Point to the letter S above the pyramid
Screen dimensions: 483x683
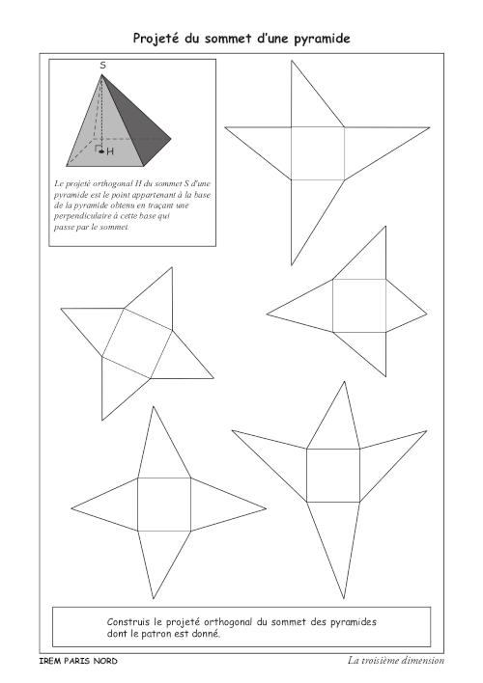point(103,66)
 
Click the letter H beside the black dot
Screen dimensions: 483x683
point(110,151)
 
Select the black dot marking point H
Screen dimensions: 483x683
point(101,151)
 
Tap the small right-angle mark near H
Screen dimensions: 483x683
point(98,148)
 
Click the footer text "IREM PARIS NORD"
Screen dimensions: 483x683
point(78,661)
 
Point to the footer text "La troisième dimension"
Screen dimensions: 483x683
point(396,661)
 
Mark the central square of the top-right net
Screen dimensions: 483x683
point(318,153)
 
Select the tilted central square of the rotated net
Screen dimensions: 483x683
point(137,343)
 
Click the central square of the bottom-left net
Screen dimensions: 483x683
point(164,505)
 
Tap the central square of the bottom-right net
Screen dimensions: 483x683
point(333,476)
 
